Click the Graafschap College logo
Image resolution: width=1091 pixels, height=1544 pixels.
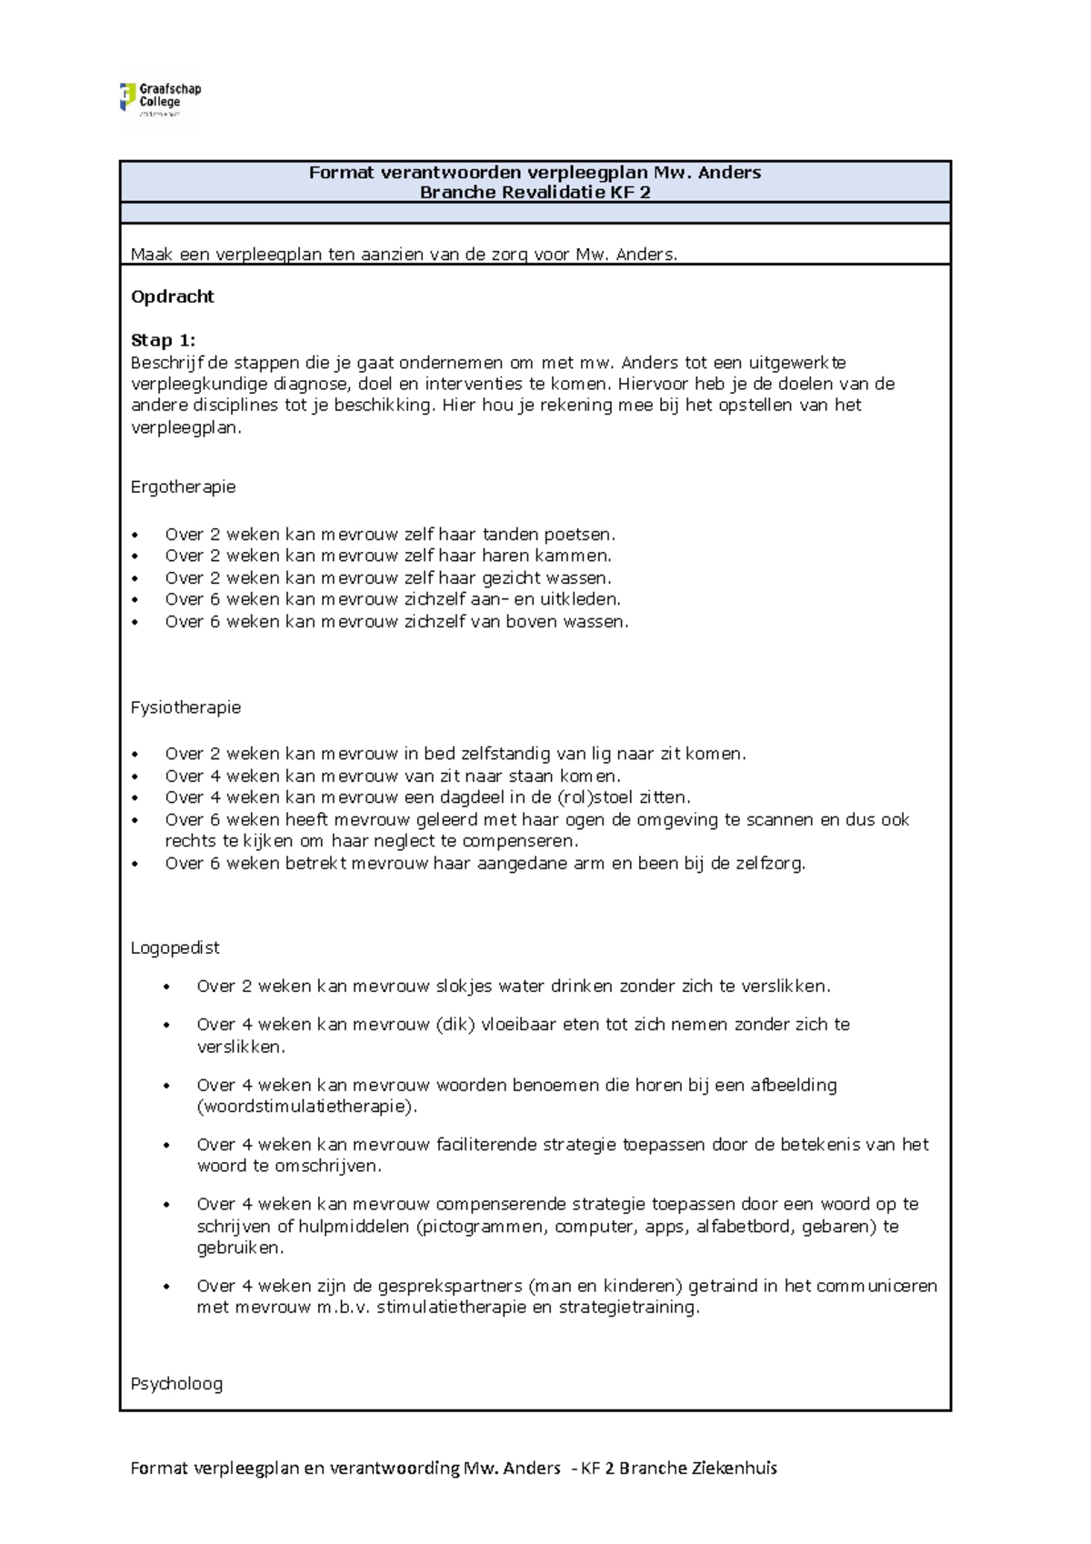[160, 99]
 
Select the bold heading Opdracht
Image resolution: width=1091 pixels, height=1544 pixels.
[173, 296]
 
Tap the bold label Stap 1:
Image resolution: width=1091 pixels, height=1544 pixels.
[163, 340]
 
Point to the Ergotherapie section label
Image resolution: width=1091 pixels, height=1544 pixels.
[183, 486]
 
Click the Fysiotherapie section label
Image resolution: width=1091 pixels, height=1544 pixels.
[185, 707]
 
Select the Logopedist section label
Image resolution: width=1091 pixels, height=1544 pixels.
[175, 947]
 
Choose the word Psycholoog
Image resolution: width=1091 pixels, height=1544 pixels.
[176, 1383]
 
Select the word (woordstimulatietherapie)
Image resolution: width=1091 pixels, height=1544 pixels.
[307, 1107]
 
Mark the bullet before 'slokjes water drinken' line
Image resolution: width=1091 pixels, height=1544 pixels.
[166, 987]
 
